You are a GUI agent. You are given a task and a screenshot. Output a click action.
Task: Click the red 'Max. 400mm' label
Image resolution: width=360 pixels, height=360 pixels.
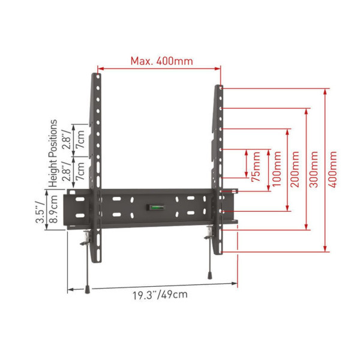pyautogui.click(x=161, y=61)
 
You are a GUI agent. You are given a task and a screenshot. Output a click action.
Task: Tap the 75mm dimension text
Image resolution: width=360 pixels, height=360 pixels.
pyautogui.click(x=256, y=167)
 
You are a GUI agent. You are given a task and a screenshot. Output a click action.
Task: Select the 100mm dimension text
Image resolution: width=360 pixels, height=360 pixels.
pyautogui.click(x=277, y=169)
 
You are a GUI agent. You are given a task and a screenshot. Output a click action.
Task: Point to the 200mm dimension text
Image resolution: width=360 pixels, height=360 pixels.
pyautogui.click(x=295, y=169)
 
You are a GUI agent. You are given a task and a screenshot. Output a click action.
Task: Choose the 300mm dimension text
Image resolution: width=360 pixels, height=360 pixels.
pyautogui.click(x=314, y=169)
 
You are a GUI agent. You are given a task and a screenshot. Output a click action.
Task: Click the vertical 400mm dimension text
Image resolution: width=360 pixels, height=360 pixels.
pyautogui.click(x=332, y=169)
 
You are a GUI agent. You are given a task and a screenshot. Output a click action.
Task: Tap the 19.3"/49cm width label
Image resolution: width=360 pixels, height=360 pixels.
pyautogui.click(x=160, y=295)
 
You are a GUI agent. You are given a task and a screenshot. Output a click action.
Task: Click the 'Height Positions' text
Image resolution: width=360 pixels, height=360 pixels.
pyautogui.click(x=53, y=154)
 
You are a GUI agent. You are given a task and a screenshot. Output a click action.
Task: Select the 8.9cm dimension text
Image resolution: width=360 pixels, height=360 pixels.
pyautogui.click(x=54, y=209)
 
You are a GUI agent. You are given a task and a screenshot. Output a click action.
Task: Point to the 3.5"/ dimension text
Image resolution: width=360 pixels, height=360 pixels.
pyautogui.click(x=40, y=212)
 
